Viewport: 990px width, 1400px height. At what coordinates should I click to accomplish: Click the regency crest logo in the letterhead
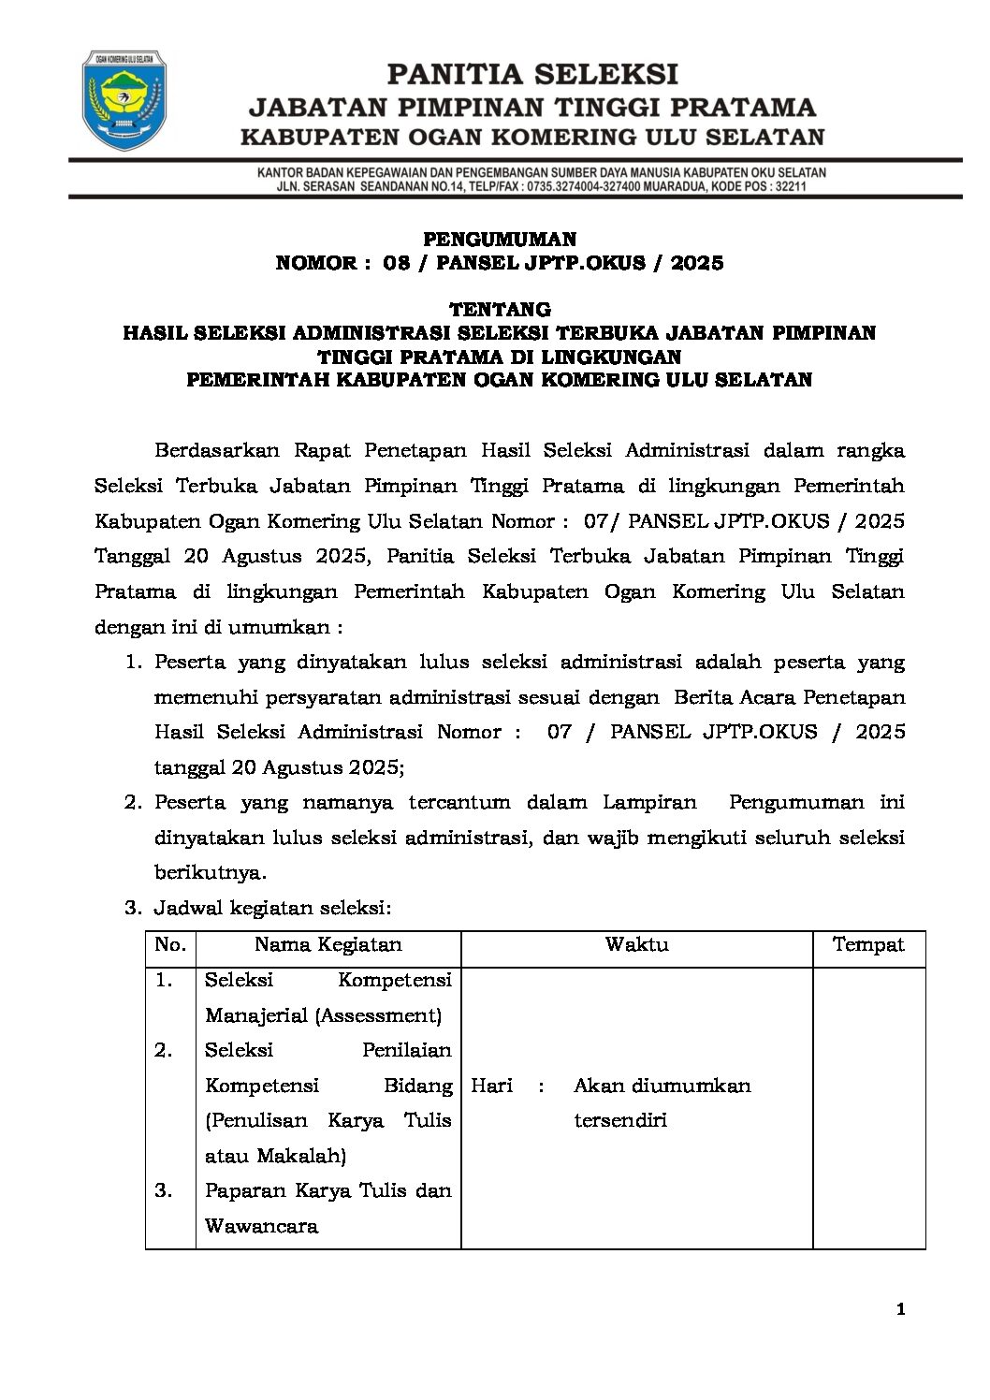click(124, 100)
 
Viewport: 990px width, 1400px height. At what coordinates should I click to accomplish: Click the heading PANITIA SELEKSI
click(532, 74)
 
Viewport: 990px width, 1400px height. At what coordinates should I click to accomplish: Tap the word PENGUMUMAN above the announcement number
click(500, 240)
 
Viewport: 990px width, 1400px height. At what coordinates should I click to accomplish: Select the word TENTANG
click(500, 309)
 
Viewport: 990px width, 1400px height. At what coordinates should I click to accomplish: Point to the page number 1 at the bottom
click(900, 1309)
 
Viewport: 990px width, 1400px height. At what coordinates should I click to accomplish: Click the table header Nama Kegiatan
click(328, 944)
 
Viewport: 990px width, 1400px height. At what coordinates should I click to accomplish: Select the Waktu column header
click(636, 944)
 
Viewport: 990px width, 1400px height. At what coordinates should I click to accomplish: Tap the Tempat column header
click(868, 944)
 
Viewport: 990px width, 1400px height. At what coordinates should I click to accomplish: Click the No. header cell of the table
click(170, 944)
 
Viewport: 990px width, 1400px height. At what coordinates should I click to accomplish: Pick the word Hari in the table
click(491, 1086)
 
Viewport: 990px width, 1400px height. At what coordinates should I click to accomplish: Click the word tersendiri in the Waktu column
click(619, 1120)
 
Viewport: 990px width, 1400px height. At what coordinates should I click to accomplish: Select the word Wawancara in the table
click(261, 1226)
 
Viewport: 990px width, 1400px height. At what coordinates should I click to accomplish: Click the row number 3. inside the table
click(164, 1190)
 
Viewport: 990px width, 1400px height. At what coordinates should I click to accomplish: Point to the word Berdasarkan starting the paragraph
click(216, 450)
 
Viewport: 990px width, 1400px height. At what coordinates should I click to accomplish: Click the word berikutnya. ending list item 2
click(211, 872)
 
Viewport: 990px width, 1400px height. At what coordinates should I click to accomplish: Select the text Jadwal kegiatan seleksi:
click(272, 908)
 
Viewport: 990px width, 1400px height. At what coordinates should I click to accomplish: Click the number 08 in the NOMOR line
click(397, 263)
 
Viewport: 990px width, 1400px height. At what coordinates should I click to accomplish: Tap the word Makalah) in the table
click(300, 1156)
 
